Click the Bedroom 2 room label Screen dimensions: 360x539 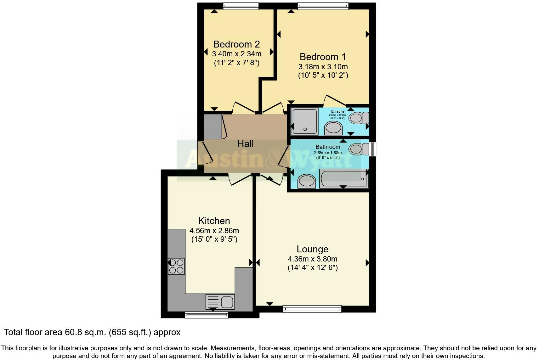(236, 44)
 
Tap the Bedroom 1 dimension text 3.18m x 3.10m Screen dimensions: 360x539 (323, 67)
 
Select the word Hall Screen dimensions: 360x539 (245, 144)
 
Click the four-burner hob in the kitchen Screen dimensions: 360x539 (176, 266)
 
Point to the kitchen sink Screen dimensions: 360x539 (220, 302)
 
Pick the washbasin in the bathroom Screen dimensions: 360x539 (306, 182)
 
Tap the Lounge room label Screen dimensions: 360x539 (312, 249)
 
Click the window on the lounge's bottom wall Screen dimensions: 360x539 (312, 309)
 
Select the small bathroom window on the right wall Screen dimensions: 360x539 (372, 149)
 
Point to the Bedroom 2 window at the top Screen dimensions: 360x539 (241, 6)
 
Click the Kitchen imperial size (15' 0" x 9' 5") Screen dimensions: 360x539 (214, 239)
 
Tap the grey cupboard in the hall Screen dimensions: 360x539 (213, 127)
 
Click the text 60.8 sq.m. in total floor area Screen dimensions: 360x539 (86, 332)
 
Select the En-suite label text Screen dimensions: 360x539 (338, 111)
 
